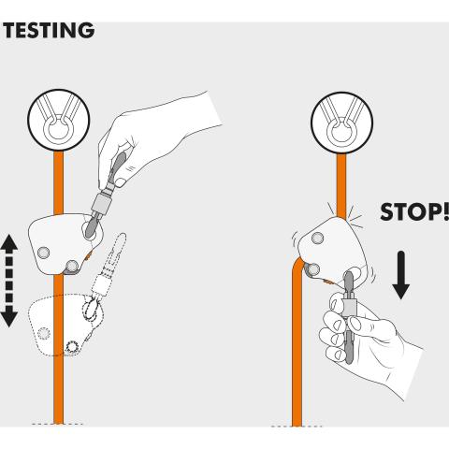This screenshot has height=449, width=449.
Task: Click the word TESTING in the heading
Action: tap(49, 30)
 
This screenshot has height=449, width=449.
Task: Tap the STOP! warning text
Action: tap(414, 211)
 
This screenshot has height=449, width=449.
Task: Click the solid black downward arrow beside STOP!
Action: tap(401, 275)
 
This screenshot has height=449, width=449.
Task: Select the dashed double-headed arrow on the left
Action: tap(9, 281)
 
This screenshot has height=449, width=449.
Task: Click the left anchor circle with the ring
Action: tap(59, 120)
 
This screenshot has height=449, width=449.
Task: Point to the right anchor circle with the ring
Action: tap(342, 123)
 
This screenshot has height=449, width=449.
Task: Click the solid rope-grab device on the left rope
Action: tap(65, 244)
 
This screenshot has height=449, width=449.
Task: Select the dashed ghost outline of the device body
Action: tap(65, 325)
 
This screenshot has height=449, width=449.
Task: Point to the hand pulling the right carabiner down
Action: tap(368, 340)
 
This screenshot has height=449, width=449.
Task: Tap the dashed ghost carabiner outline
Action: tap(105, 274)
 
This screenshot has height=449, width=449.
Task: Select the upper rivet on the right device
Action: tap(317, 239)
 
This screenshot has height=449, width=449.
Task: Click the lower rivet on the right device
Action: tap(312, 269)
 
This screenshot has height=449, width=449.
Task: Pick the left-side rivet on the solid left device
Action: tap(43, 253)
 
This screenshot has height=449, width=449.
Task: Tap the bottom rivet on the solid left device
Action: tap(72, 266)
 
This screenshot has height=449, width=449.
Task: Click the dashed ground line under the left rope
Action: tap(57, 424)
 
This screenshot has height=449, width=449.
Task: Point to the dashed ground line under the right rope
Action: tap(297, 427)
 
